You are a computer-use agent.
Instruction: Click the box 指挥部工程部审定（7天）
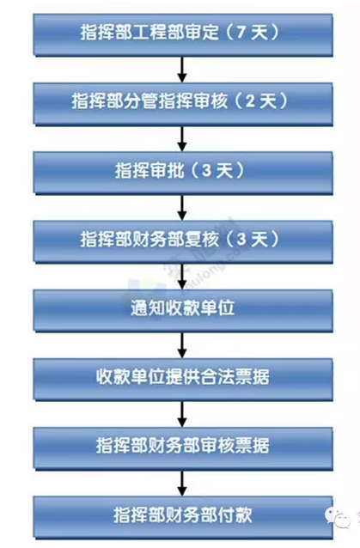pos(183,34)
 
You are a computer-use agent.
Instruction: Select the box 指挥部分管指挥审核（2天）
pos(183,104)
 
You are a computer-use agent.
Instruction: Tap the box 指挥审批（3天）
pos(183,173)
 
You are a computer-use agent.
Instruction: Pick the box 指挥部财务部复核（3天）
pos(183,241)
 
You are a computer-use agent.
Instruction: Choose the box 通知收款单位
pos(183,310)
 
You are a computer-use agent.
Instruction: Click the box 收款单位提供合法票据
pos(183,379)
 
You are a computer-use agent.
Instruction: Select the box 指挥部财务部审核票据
pos(183,448)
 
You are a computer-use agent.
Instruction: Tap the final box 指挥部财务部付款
pos(183,517)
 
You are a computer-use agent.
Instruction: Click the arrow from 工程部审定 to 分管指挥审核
pos(182,70)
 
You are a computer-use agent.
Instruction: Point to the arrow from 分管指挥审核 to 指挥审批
pos(182,138)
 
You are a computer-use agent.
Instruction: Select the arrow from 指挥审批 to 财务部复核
pos(182,207)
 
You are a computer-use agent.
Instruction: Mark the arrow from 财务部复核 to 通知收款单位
pos(182,276)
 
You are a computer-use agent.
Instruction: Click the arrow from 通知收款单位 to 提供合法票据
pos(182,345)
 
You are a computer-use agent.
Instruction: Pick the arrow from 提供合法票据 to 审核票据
pos(182,414)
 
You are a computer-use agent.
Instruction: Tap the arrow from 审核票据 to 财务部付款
pos(182,483)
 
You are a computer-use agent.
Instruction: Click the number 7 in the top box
pos(241,33)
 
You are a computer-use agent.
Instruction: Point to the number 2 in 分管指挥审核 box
pos(250,101)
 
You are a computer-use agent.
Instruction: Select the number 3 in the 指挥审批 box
pos(206,170)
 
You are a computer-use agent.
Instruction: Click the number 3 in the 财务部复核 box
pos(241,239)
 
